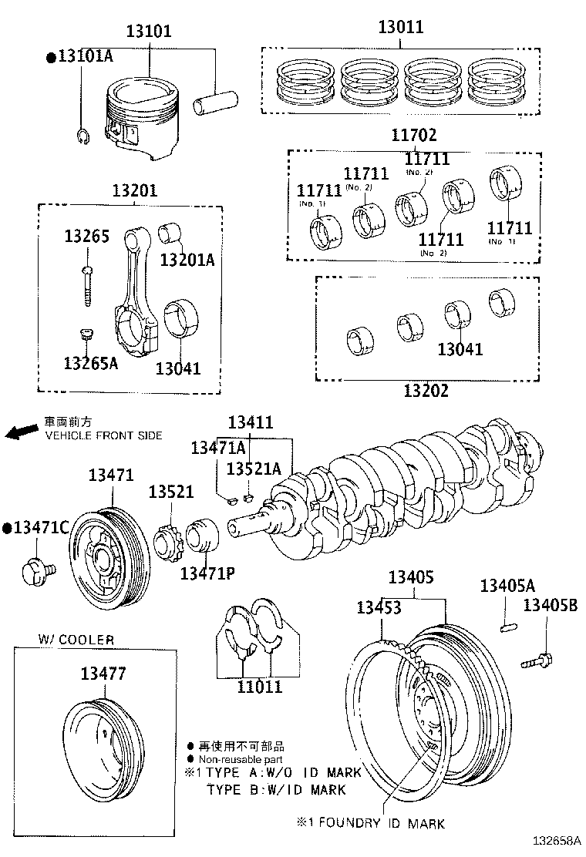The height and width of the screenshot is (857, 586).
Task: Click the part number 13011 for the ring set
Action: click(x=400, y=28)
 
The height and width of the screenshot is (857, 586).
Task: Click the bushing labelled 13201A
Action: click(x=170, y=233)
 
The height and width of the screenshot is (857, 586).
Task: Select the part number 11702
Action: click(x=413, y=136)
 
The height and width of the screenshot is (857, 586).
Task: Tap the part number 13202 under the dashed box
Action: click(x=425, y=390)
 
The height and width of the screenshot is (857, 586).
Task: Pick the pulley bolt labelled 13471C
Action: click(x=36, y=571)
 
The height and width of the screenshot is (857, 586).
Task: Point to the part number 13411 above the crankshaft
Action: click(x=251, y=422)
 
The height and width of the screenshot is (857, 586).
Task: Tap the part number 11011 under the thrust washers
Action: click(x=259, y=686)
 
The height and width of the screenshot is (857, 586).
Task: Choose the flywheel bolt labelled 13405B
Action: click(x=538, y=660)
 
